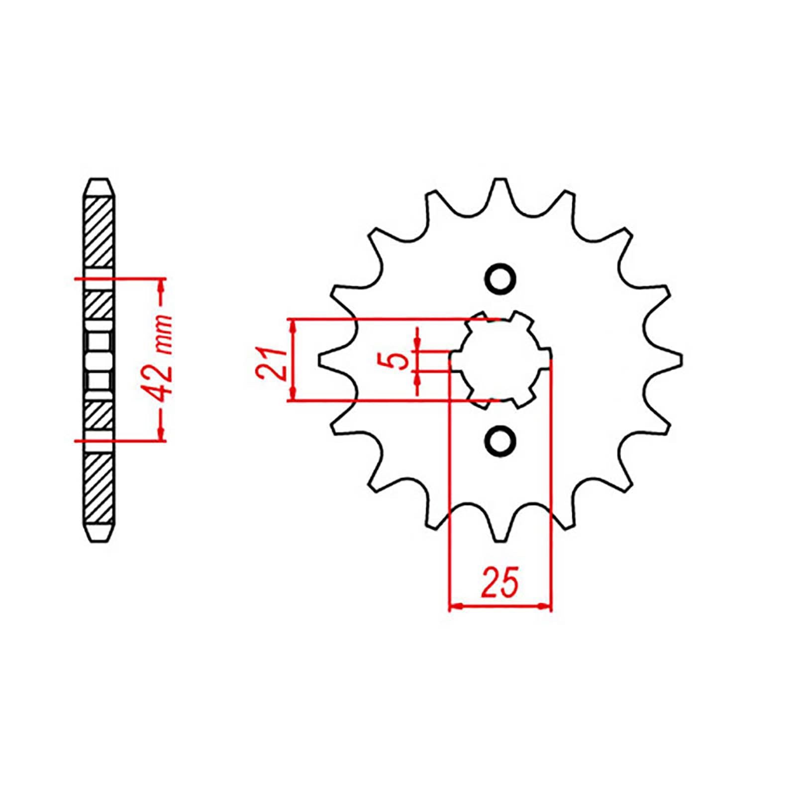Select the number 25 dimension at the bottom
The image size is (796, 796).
pos(500,581)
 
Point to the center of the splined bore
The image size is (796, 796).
pos(501,359)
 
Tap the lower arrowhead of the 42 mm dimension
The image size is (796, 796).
pos(161,434)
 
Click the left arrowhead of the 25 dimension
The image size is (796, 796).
pos(455,606)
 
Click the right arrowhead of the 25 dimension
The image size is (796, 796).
pos(546,606)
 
